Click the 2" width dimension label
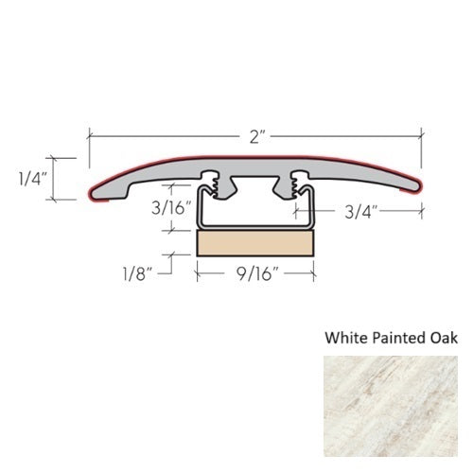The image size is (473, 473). tap(255, 136)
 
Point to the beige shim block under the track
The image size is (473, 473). tap(254, 245)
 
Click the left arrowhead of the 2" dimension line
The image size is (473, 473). tap(92, 136)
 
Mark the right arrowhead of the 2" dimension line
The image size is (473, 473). tap(419, 136)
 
